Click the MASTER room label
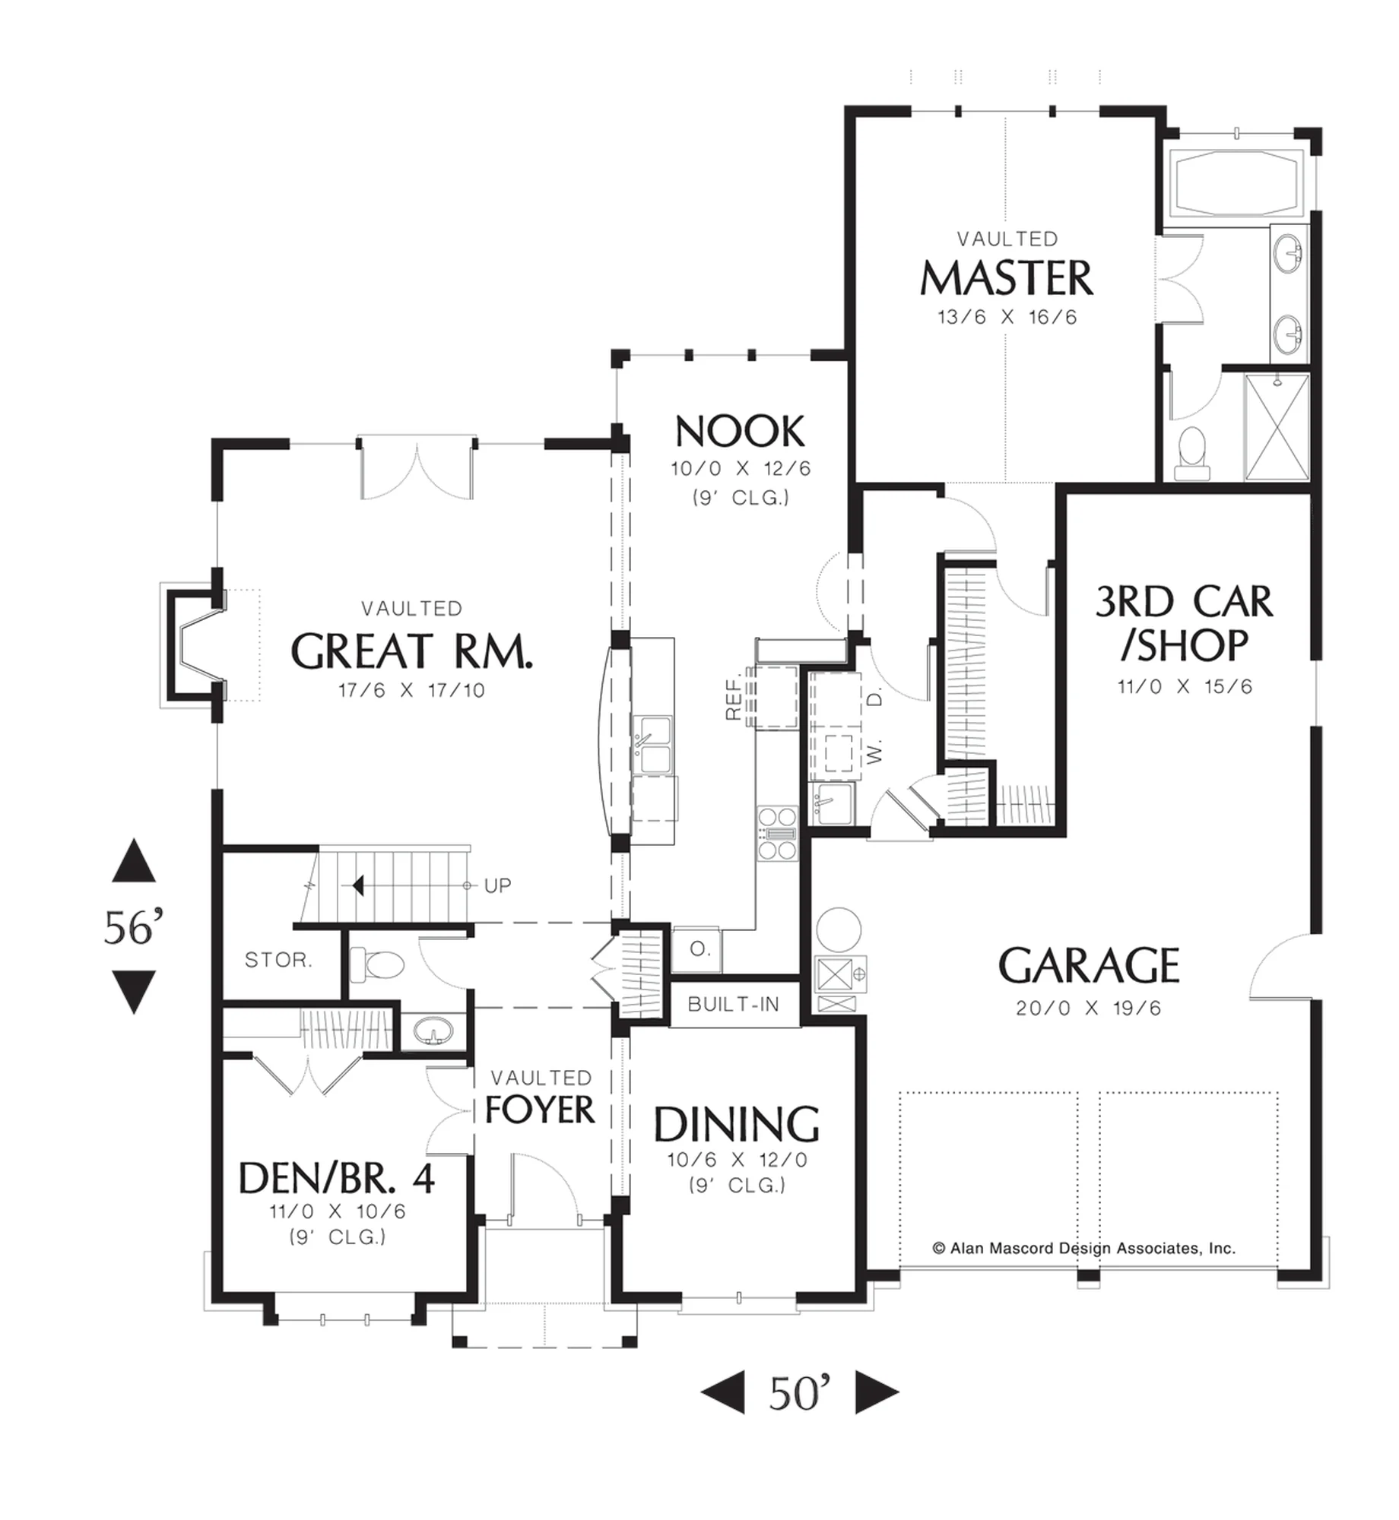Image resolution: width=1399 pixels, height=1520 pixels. click(x=1007, y=278)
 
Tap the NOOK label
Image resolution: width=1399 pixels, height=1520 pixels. click(x=740, y=432)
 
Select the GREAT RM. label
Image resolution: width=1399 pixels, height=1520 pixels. click(x=412, y=651)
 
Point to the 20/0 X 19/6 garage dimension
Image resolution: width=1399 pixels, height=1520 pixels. click(x=1088, y=1009)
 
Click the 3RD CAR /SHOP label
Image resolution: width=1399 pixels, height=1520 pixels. click(x=1183, y=623)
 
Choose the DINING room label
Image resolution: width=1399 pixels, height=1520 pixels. click(x=737, y=1125)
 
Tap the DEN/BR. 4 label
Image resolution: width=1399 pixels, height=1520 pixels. click(x=337, y=1179)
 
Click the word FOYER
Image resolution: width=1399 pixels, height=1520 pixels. click(x=540, y=1110)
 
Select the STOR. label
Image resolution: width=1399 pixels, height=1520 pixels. click(x=278, y=960)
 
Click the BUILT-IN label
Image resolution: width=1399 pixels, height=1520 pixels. click(x=734, y=1005)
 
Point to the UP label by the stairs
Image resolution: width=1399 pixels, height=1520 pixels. click(x=497, y=885)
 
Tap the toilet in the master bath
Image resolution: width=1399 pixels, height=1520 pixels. click(x=1191, y=453)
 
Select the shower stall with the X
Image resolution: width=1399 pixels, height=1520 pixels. click(x=1277, y=427)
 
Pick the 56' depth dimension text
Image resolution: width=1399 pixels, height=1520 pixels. click(x=134, y=927)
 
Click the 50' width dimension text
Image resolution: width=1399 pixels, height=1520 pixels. click(x=799, y=1393)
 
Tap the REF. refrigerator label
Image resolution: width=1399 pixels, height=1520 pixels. click(x=733, y=698)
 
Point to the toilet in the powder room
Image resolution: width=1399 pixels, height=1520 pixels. click(x=378, y=965)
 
